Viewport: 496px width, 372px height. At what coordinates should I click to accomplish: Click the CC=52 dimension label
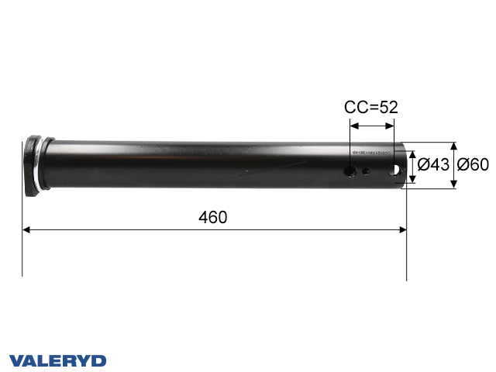pos(370,108)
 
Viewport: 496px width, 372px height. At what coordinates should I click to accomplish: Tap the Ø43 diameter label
pos(433,164)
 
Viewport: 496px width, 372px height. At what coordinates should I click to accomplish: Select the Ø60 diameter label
pos(473,164)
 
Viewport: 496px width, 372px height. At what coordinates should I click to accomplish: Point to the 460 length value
pos(212,218)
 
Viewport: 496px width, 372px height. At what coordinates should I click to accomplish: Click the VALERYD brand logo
pos(58,360)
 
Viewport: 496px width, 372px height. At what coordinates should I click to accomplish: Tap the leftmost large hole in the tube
pos(351,169)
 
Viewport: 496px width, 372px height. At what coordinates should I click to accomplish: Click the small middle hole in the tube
pos(367,173)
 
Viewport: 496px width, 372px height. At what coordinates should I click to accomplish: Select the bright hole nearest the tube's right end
pos(398,168)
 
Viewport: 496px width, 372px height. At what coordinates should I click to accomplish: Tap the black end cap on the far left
pos(32,165)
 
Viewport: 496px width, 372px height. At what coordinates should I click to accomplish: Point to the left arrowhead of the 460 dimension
pos(26,229)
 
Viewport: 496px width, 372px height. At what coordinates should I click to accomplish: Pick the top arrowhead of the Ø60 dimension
pos(453,146)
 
